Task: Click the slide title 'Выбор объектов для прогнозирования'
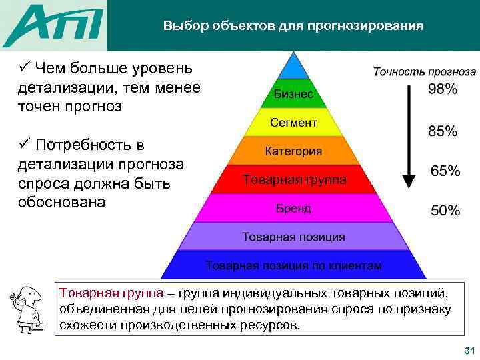point(293,27)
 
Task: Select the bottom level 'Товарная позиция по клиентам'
point(293,265)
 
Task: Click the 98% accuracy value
point(442,89)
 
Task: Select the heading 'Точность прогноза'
point(424,71)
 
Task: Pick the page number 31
point(467,351)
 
